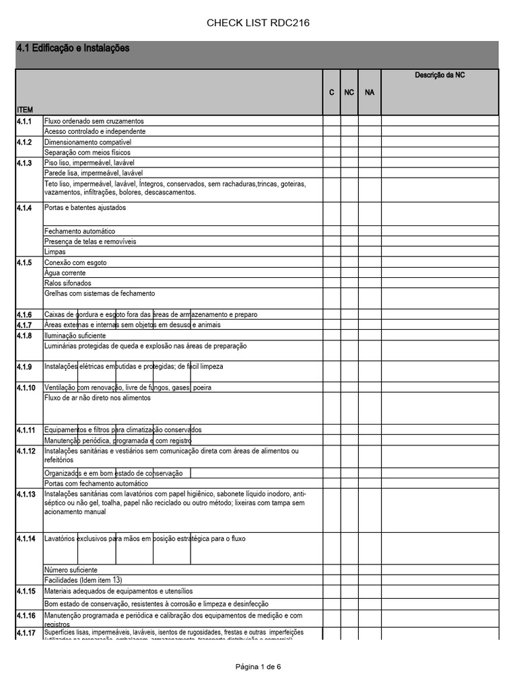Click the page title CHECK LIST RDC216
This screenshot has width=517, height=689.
(x=258, y=24)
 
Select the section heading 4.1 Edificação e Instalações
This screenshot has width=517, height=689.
(x=73, y=49)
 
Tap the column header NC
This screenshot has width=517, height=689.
(x=349, y=92)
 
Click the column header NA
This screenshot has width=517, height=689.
(x=369, y=92)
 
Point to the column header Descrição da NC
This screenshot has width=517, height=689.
(x=440, y=75)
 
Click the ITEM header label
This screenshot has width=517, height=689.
(x=24, y=109)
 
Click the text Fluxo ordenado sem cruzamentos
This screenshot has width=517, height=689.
(x=94, y=121)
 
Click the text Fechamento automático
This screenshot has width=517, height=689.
(x=79, y=231)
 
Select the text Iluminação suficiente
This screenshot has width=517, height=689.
(x=75, y=335)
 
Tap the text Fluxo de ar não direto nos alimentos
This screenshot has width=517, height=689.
(x=97, y=398)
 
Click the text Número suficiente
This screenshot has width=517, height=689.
(x=71, y=569)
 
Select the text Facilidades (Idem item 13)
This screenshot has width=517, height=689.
(x=83, y=580)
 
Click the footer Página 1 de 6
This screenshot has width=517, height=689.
(x=258, y=667)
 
